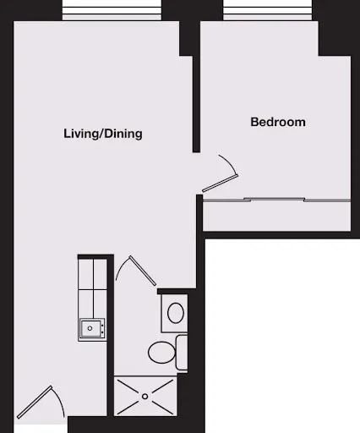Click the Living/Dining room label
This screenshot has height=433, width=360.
click(x=103, y=134)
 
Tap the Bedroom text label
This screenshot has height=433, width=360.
click(x=278, y=122)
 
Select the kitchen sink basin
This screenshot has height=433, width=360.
click(x=90, y=328)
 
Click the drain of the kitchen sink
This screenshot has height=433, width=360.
click(x=90, y=328)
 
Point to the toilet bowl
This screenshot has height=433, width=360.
click(x=161, y=353)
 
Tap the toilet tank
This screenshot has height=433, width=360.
click(x=182, y=353)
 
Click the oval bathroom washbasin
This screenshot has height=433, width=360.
click(x=176, y=313)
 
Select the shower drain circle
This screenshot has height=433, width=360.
click(x=145, y=397)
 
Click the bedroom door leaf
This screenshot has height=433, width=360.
click(x=221, y=184)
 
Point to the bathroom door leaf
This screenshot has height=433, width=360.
click(x=143, y=271)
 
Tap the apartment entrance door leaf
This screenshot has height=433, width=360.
click(x=35, y=403)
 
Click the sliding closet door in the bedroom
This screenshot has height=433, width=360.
click(x=276, y=200)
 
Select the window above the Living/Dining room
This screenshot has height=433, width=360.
click(x=112, y=10)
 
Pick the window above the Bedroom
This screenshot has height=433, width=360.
click(x=268, y=10)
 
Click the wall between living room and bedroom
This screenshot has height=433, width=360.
click(x=196, y=104)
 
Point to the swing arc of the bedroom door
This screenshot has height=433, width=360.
click(x=231, y=163)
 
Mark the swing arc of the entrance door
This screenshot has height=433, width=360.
click(x=60, y=400)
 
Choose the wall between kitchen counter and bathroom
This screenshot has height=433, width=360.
click(x=110, y=336)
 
